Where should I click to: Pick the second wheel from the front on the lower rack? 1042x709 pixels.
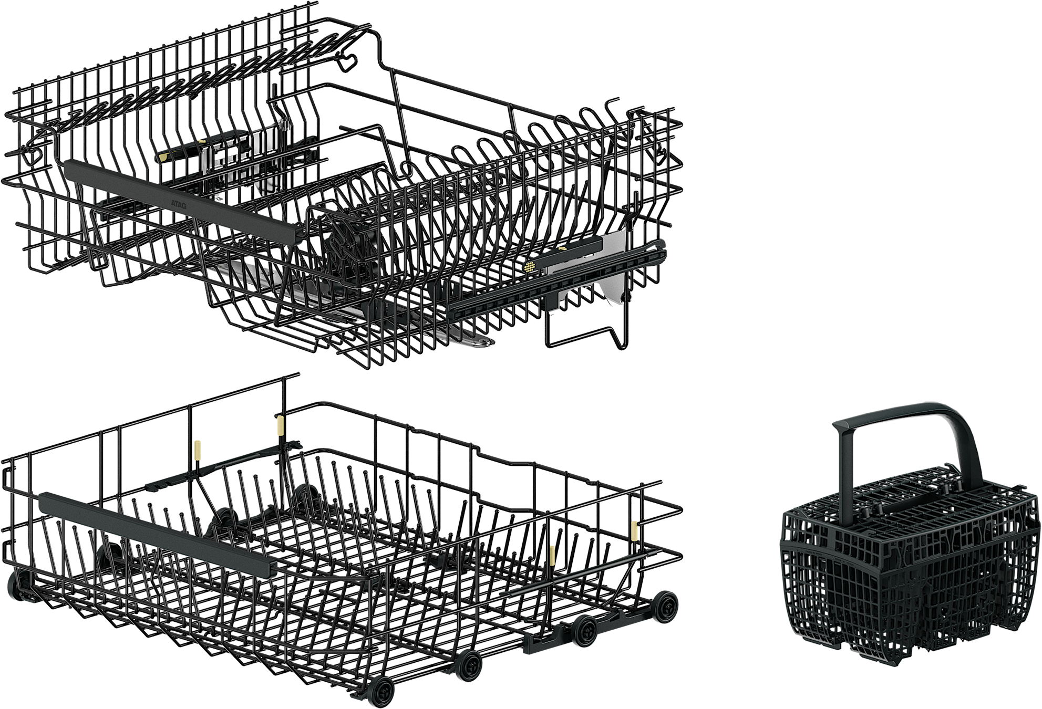(468, 665)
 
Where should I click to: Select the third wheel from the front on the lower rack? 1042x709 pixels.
(585, 631)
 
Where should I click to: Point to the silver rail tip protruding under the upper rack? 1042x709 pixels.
(478, 342)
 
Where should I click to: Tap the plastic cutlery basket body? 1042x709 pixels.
(909, 567)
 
